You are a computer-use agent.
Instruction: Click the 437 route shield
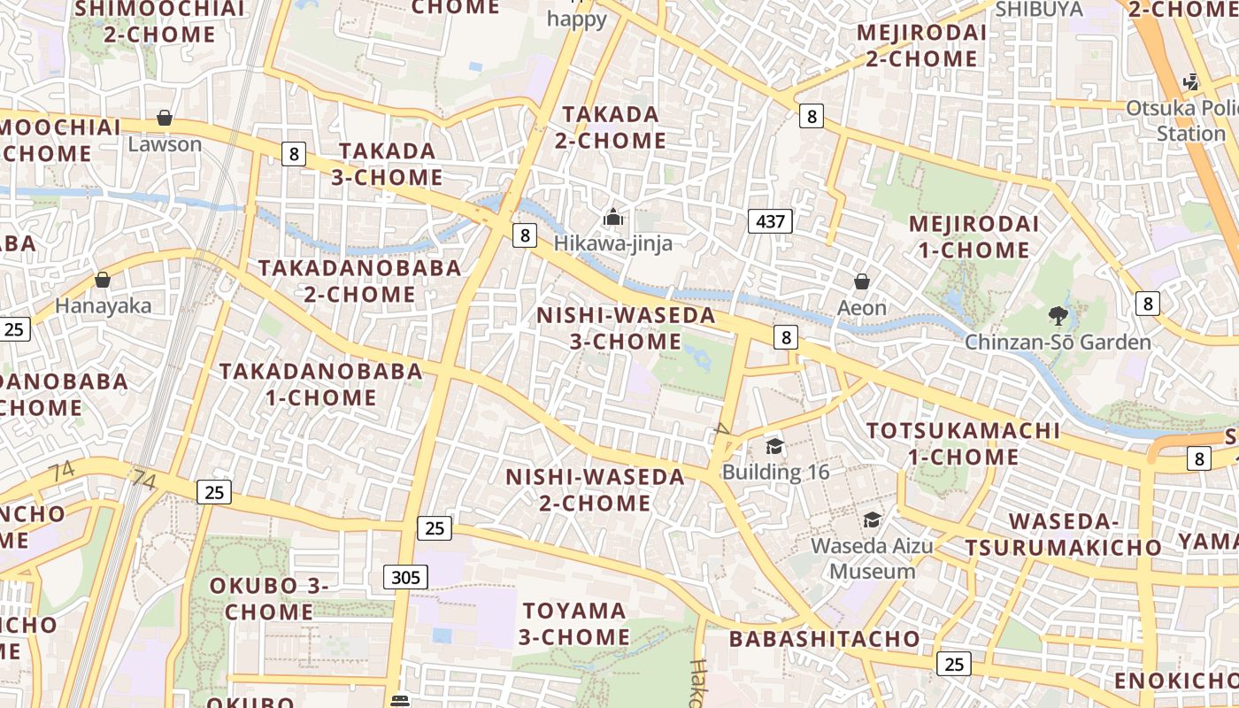pyautogui.click(x=770, y=221)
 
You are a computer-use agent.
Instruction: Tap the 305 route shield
pyautogui.click(x=405, y=578)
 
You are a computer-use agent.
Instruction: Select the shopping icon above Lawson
pyautogui.click(x=165, y=118)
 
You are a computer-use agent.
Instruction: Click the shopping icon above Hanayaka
pyautogui.click(x=103, y=280)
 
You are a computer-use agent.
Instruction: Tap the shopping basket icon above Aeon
pyautogui.click(x=861, y=282)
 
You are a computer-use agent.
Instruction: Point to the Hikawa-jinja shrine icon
pyautogui.click(x=612, y=217)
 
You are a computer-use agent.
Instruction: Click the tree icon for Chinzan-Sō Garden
pyautogui.click(x=1057, y=315)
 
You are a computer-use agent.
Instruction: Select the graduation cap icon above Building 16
pyautogui.click(x=774, y=446)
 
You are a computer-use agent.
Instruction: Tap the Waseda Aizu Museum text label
pyautogui.click(x=872, y=558)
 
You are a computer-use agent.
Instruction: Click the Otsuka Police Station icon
pyautogui.click(x=1190, y=82)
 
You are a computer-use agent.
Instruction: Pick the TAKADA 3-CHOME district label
pyautogui.click(x=388, y=164)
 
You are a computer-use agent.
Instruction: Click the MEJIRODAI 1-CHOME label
pyautogui.click(x=973, y=236)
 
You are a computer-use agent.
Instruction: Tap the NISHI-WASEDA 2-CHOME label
pyautogui.click(x=595, y=489)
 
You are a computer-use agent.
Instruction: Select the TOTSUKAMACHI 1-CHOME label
pyautogui.click(x=963, y=443)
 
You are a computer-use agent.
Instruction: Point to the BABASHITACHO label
pyautogui.click(x=825, y=638)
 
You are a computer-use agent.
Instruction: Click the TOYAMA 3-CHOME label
pyautogui.click(x=574, y=623)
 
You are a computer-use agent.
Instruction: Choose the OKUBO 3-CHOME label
pyautogui.click(x=269, y=598)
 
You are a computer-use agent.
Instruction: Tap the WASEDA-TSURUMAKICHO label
pyautogui.click(x=1063, y=534)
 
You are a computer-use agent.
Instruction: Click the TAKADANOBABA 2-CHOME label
pyautogui.click(x=359, y=281)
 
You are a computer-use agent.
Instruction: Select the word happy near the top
pyautogui.click(x=577, y=19)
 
